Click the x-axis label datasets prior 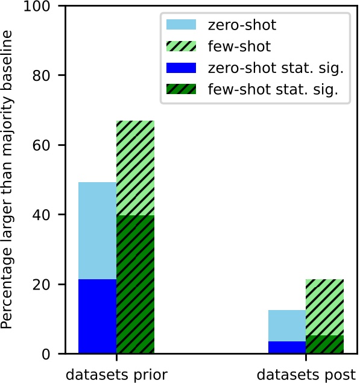point(116,373)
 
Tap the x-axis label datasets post point(306,373)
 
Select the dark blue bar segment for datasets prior point(97,316)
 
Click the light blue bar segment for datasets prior point(97,230)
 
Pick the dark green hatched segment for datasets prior point(135,284)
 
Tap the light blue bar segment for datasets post point(287,326)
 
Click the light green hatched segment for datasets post point(325,307)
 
